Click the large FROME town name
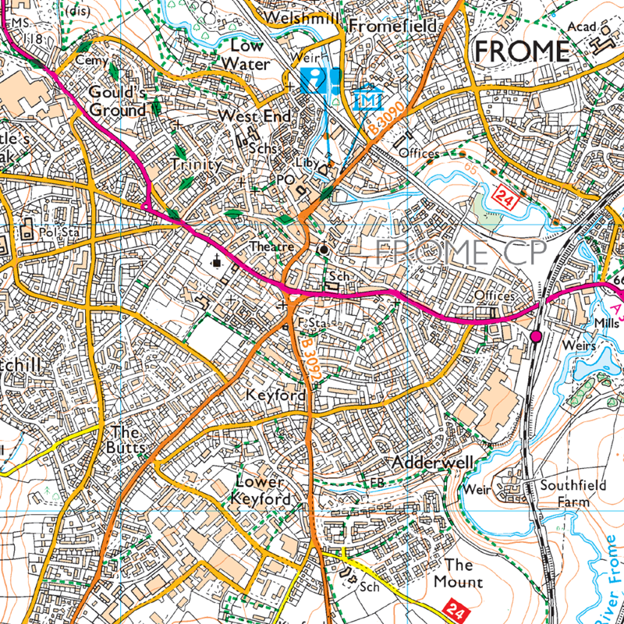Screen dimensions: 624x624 pos(522,51)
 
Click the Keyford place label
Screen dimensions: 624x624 pos(275,395)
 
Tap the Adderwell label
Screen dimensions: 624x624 pos(433,463)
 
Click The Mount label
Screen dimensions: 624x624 pos(463,573)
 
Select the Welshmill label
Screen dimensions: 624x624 pos(301,17)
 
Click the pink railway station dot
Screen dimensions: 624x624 pos(535,336)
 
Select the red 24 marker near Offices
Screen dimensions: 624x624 pos(506,200)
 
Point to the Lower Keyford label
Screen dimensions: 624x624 pos(263,491)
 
